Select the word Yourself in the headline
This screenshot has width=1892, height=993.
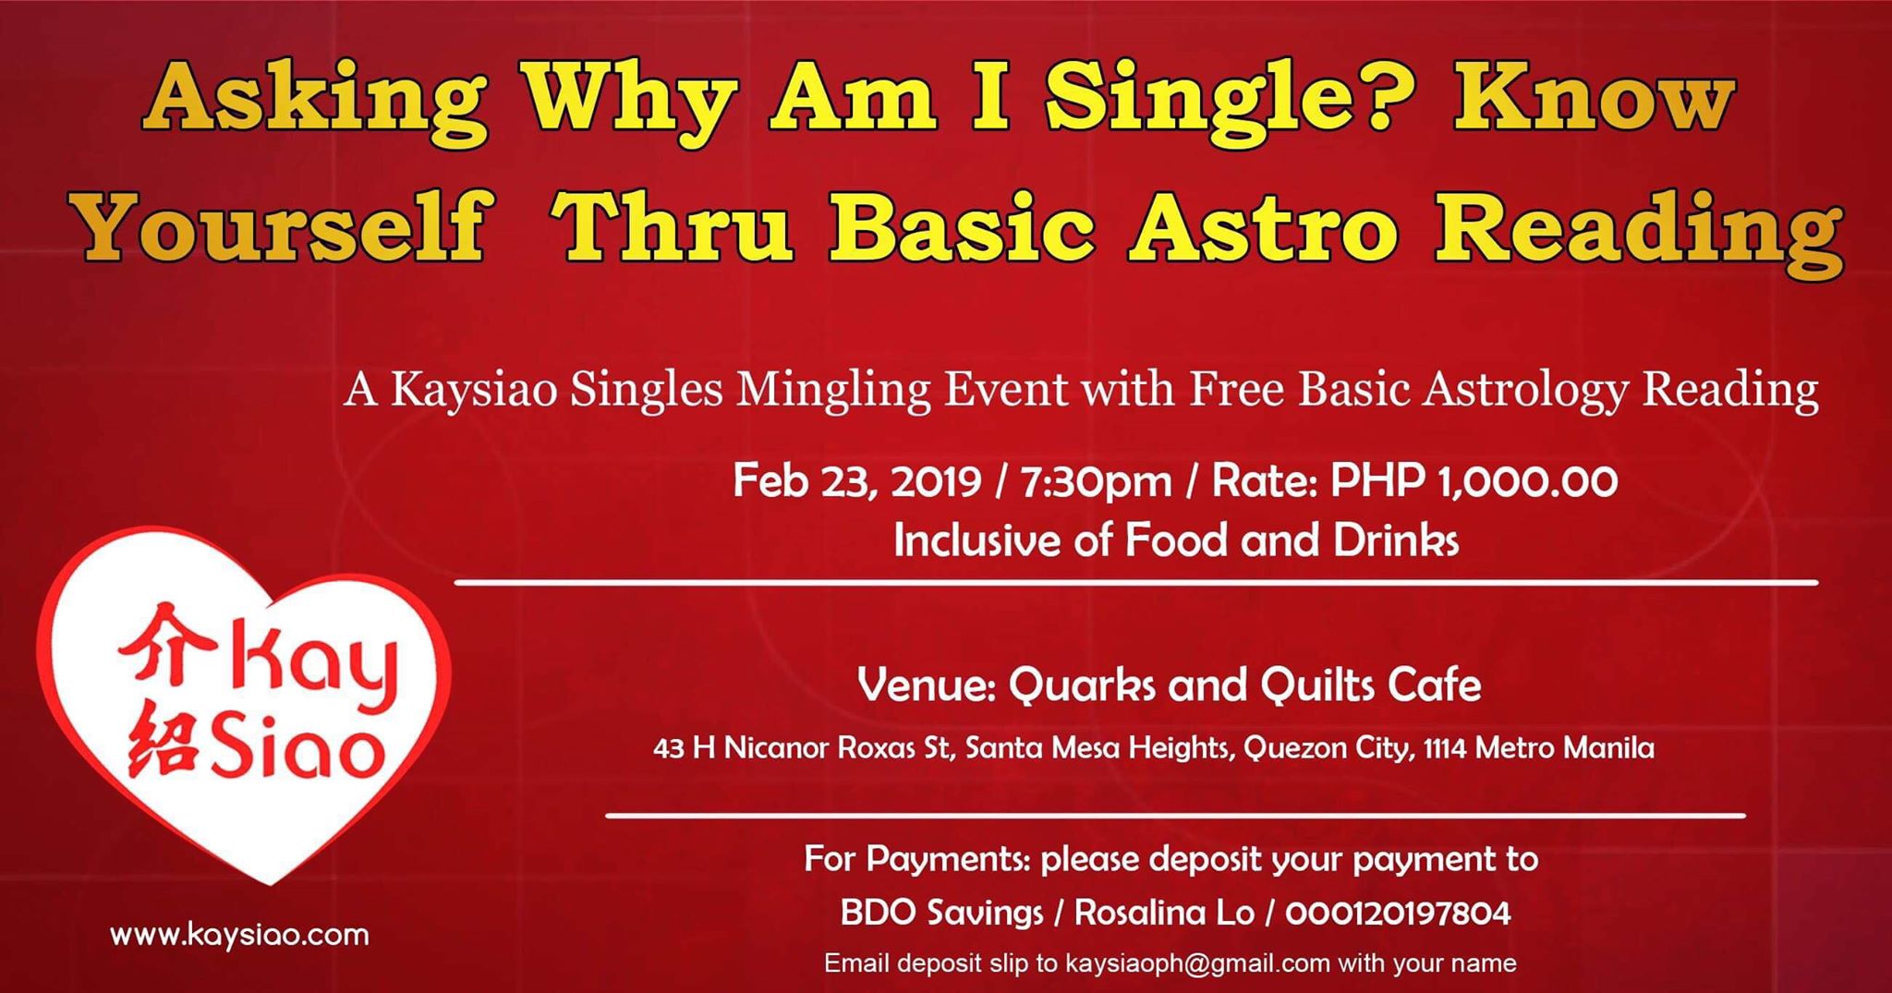[283, 229]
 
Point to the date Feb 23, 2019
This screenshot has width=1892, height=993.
[857, 481]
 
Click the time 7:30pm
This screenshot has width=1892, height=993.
[1096, 482]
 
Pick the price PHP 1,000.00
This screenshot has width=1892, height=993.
[1474, 481]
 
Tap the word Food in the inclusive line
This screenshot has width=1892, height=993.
[1177, 541]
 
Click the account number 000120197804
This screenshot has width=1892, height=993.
[1398, 914]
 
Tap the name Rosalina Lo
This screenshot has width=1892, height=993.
[1164, 914]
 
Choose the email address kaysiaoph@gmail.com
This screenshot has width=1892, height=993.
[1197, 963]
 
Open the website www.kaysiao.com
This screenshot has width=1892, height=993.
[239, 935]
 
